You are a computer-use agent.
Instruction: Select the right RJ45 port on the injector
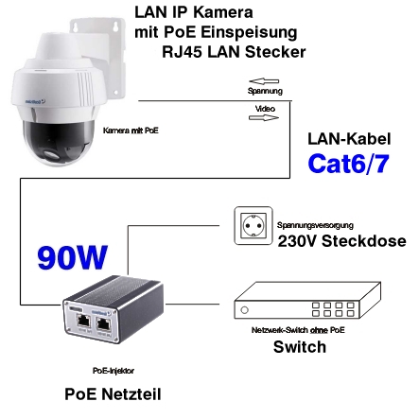click(x=107, y=323)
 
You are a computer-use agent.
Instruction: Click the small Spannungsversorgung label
click(x=315, y=225)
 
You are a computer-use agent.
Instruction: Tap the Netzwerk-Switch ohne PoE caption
click(x=299, y=332)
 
